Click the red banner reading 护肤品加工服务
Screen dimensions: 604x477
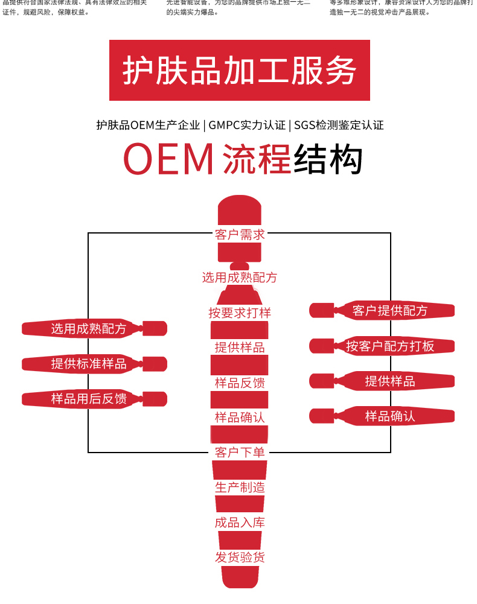[239, 71]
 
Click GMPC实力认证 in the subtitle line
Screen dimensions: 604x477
[247, 126]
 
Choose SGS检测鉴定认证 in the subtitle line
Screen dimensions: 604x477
[339, 126]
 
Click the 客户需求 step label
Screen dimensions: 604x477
[240, 235]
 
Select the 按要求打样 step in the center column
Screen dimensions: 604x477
[240, 313]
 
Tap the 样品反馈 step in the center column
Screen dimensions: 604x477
[240, 383]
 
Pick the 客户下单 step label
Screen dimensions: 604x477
[240, 452]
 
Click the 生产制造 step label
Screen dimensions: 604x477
[240, 487]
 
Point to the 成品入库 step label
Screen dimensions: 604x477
[240, 522]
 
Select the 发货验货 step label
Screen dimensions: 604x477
[240, 557]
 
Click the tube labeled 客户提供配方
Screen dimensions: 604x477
[389, 311]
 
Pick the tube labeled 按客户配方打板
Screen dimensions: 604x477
[389, 346]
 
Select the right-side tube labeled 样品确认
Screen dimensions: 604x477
[389, 416]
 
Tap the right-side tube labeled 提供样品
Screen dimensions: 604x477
[389, 381]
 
